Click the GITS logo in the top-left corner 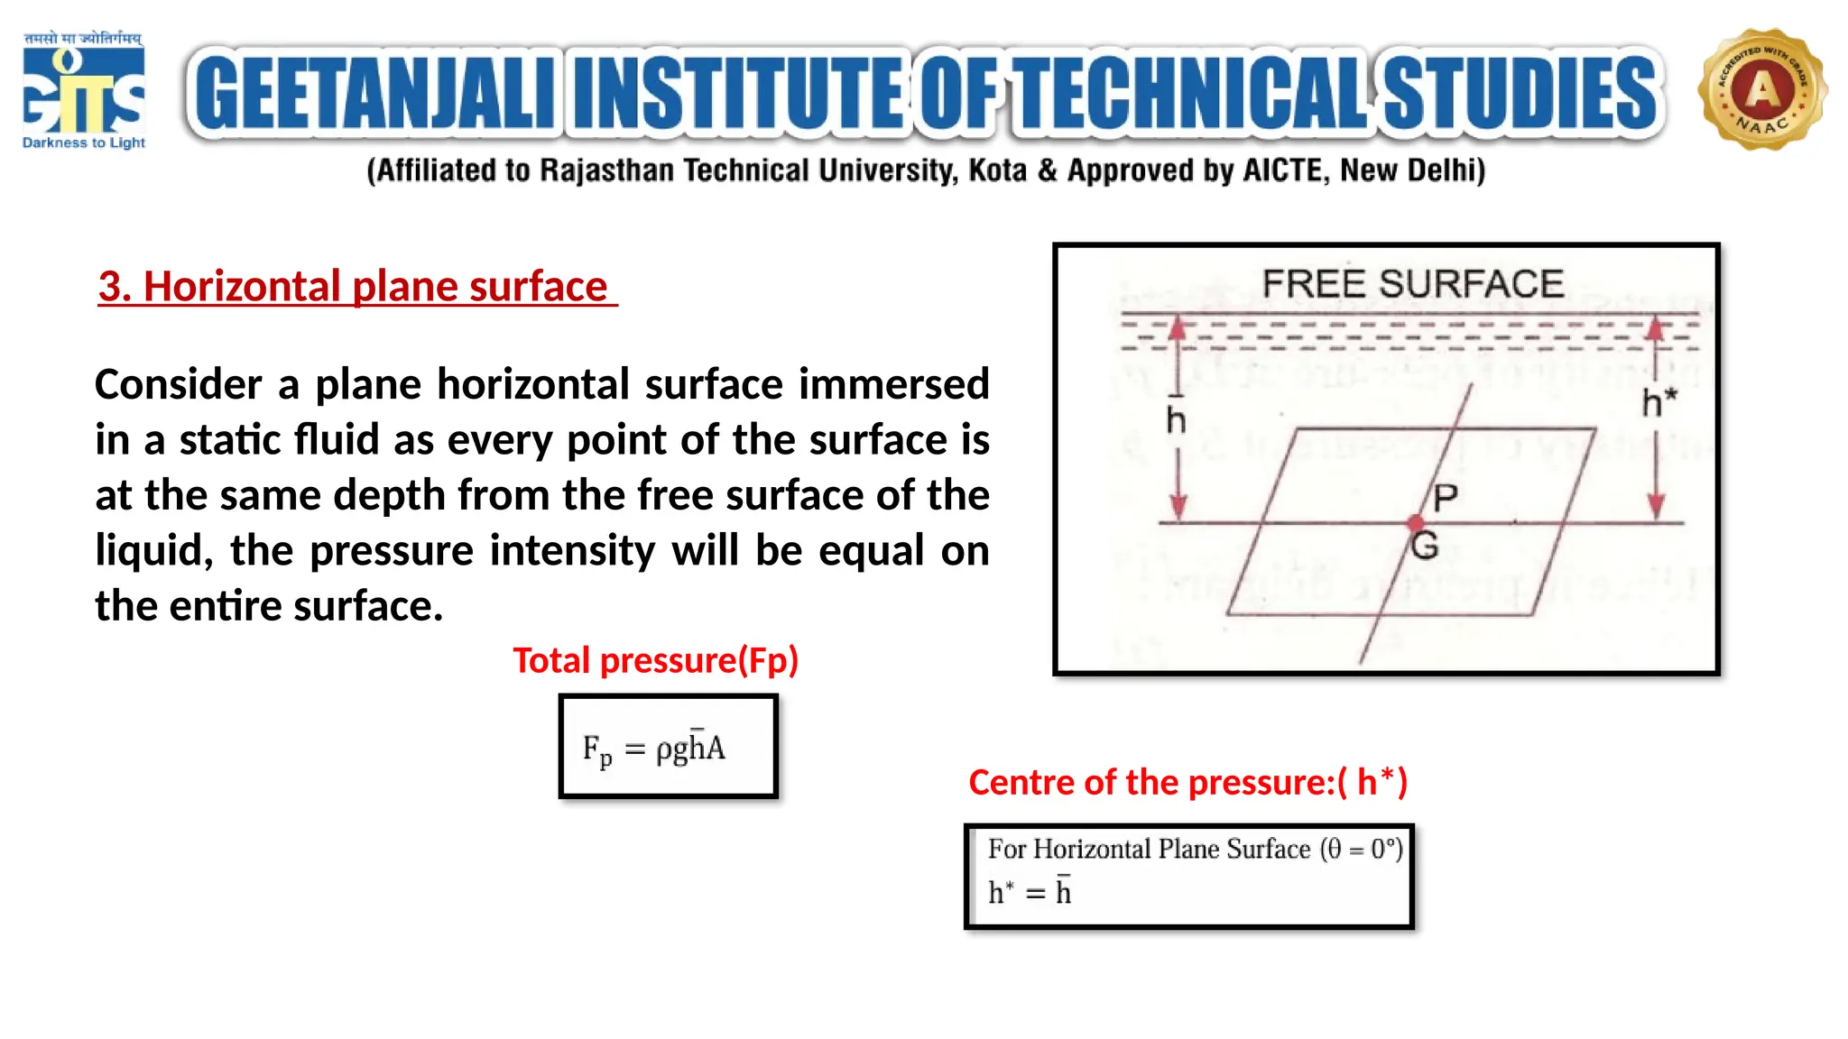(x=83, y=91)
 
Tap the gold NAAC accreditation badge (x=1761, y=89)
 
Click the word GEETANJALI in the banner (x=374, y=93)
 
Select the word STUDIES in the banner (x=1520, y=93)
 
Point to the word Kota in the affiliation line (x=997, y=170)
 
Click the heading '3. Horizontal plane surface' (x=356, y=287)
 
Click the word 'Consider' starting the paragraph (x=179, y=385)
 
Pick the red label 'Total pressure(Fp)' (x=656, y=660)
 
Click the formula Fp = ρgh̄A (x=654, y=749)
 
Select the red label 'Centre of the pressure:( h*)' (x=1187, y=782)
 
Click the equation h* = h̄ (x=1030, y=893)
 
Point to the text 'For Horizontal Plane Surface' (x=1149, y=850)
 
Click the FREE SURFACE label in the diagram (x=1412, y=284)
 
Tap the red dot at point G (x=1415, y=523)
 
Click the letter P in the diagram (x=1445, y=497)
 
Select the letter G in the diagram (x=1425, y=547)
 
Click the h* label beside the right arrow (x=1659, y=403)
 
